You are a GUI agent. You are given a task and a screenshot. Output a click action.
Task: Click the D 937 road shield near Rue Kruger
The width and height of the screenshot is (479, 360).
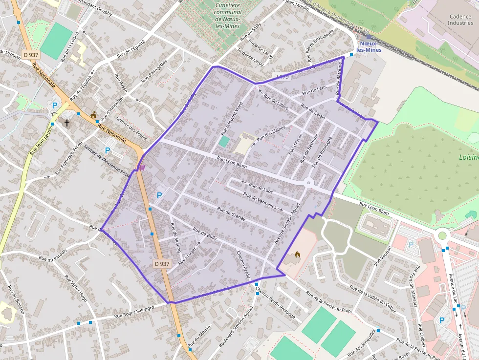pyautogui.click(x=162, y=264)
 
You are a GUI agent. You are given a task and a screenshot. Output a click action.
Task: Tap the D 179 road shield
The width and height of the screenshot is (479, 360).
pyautogui.click(x=282, y=77)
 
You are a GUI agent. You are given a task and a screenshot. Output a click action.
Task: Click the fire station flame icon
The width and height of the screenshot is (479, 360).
pyautogui.click(x=298, y=254)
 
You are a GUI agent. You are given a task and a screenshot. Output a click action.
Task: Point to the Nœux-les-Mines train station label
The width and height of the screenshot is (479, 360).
pyautogui.click(x=369, y=46)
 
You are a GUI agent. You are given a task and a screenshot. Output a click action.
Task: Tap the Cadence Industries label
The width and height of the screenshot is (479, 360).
pyautogui.click(x=460, y=20)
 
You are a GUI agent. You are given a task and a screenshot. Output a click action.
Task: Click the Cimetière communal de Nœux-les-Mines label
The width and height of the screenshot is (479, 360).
pyautogui.click(x=228, y=15)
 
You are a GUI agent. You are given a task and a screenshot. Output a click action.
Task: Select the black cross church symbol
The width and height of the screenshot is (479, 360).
pyautogui.click(x=67, y=123)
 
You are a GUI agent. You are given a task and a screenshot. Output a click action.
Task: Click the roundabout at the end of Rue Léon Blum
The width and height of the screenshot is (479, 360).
pyautogui.click(x=309, y=183)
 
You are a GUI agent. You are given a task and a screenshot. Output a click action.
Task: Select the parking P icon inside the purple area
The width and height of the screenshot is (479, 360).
pyautogui.click(x=159, y=195)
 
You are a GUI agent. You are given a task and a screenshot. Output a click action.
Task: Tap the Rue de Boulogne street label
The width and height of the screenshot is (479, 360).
pyautogui.click(x=322, y=151)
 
